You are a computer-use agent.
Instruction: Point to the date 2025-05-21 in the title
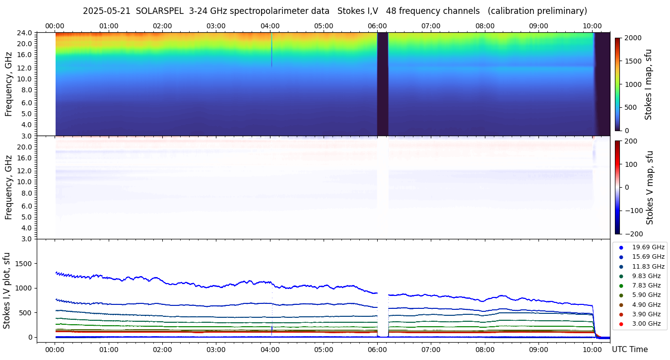[106, 11]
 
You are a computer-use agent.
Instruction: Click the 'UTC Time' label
[629, 350]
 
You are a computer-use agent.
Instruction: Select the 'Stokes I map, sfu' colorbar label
[648, 84]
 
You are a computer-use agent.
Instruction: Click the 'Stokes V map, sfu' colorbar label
[649, 188]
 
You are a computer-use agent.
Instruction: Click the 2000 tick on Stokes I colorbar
[633, 38]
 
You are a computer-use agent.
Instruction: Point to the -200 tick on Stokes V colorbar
[635, 234]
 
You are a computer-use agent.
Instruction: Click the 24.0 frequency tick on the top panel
[25, 33]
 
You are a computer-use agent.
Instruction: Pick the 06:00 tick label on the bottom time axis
[377, 350]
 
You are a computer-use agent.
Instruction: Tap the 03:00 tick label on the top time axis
[216, 26]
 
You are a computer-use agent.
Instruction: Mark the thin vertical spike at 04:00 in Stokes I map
[271, 50]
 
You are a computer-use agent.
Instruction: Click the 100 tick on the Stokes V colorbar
[631, 164]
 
